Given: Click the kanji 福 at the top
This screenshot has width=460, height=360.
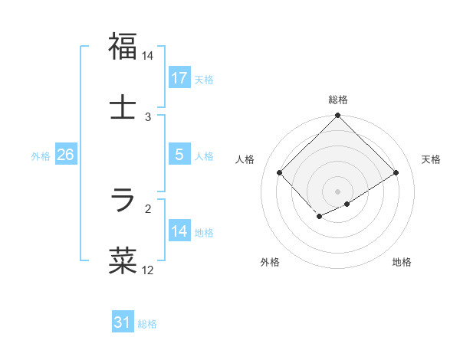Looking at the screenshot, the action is tap(123, 47).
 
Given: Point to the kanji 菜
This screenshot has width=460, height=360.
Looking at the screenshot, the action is tap(123, 260).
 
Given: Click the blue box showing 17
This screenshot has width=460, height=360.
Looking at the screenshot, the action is tap(179, 78).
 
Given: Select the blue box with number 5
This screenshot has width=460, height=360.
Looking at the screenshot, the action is tap(179, 155).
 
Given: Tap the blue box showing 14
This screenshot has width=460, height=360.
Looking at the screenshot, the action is tap(179, 231).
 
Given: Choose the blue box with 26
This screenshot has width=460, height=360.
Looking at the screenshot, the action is tap(66, 155).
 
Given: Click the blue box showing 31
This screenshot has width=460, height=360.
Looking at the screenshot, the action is tap(123, 322).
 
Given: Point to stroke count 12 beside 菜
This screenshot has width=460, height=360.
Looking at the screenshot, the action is tap(147, 270).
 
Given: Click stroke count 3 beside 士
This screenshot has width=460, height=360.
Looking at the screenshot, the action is tap(148, 117).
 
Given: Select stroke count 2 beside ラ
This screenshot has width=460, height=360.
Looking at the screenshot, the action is tap(148, 208).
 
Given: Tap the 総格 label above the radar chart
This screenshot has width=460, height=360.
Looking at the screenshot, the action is tap(337, 100).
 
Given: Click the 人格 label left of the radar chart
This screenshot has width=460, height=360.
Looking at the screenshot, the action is tap(245, 159).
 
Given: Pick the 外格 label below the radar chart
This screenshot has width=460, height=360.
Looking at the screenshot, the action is tap(270, 263).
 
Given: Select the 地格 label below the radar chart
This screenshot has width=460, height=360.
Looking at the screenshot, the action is tap(402, 263).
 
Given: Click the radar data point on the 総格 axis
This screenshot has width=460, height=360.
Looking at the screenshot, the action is tap(337, 116).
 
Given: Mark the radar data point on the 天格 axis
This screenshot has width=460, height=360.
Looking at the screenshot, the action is tap(396, 173).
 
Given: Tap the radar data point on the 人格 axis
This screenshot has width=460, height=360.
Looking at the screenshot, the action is tap(280, 173).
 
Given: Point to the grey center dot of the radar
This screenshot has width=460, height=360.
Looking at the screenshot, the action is tap(337, 191).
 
